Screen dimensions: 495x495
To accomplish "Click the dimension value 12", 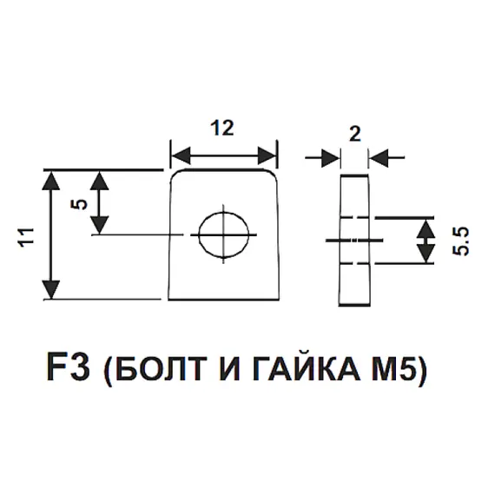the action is click(x=222, y=128).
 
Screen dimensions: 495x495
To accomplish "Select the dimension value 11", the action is click(x=27, y=237).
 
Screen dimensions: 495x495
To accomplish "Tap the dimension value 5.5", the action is click(x=460, y=241).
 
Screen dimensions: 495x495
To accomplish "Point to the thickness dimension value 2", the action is click(x=355, y=134).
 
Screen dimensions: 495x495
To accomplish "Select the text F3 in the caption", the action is click(x=69, y=368).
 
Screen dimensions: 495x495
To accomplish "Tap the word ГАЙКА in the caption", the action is click(x=307, y=366).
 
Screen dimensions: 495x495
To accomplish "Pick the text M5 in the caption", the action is click(x=393, y=368).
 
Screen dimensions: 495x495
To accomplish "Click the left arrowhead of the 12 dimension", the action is click(x=181, y=155).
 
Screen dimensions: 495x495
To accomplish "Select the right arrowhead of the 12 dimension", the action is click(x=267, y=155).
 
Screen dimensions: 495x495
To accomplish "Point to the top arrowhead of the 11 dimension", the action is click(x=51, y=181).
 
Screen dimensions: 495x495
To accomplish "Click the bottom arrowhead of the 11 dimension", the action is click(x=51, y=289).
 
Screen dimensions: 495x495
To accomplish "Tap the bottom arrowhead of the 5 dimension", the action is click(x=100, y=225).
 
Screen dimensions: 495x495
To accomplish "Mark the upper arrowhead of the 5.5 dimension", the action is click(x=426, y=229).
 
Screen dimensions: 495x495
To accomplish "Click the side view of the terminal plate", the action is click(x=354, y=240).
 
